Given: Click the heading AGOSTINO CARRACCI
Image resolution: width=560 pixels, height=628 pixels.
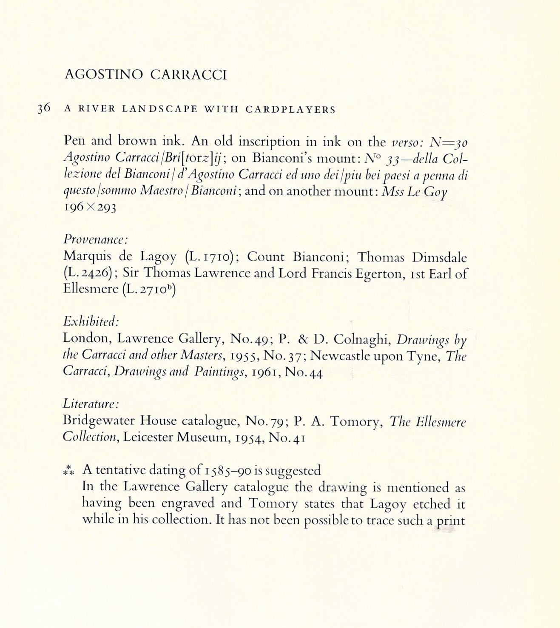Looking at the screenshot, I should point(146,75).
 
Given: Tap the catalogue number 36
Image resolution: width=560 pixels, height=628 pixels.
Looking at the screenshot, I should point(44,108).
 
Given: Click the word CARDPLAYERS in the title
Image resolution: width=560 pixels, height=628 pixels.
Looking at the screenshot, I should point(290,109).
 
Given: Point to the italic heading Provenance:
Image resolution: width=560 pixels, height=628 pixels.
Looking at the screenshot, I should point(96,239).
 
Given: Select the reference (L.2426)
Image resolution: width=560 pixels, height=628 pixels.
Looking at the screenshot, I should point(88,273).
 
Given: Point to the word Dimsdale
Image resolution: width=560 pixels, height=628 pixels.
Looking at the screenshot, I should point(439,257).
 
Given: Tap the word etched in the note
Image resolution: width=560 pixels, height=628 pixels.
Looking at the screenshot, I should point(426,504).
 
